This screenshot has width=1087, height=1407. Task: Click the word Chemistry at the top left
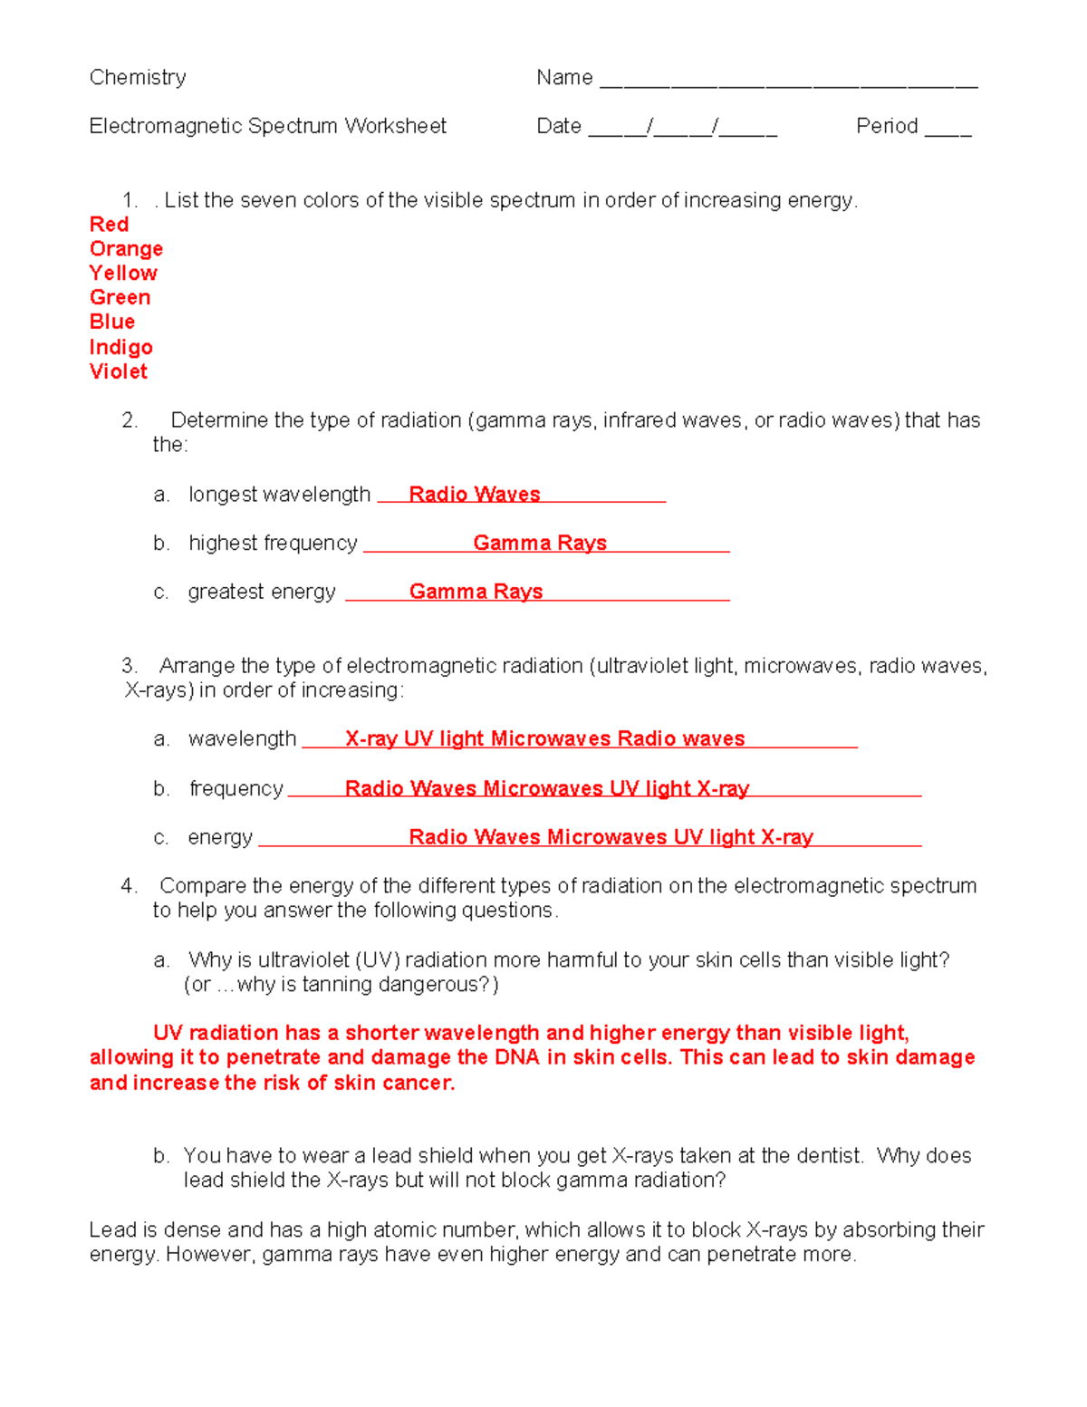pyautogui.click(x=138, y=78)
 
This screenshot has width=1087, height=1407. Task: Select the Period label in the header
pyautogui.click(x=887, y=126)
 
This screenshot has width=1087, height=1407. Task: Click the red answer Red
pyautogui.click(x=109, y=225)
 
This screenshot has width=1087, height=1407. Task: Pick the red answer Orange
pyautogui.click(x=126, y=249)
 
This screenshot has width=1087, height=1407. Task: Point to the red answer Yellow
pyautogui.click(x=123, y=274)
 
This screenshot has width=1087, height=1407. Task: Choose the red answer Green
pyautogui.click(x=120, y=298)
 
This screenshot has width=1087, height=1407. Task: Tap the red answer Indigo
pyautogui.click(x=120, y=347)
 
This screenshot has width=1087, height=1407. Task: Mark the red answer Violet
pyautogui.click(x=118, y=371)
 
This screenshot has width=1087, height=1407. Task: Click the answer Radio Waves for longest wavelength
pyautogui.click(x=474, y=495)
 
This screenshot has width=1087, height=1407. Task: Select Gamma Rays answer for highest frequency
pyautogui.click(x=540, y=544)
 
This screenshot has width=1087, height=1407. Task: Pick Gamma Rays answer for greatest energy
pyautogui.click(x=476, y=592)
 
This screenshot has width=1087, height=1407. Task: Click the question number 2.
pyautogui.click(x=129, y=420)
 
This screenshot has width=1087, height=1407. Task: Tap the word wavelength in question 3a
pyautogui.click(x=242, y=739)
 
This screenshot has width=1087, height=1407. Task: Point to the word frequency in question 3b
pyautogui.click(x=236, y=789)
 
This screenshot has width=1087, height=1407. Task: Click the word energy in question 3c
pyautogui.click(x=220, y=838)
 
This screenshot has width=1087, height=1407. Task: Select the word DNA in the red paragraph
pyautogui.click(x=516, y=1058)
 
